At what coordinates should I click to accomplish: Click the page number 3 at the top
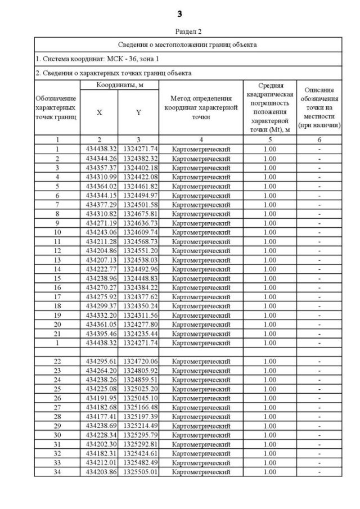pyautogui.click(x=180, y=13)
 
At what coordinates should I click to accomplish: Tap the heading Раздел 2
pyautogui.click(x=180, y=31)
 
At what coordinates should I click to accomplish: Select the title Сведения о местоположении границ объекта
pyautogui.click(x=188, y=44)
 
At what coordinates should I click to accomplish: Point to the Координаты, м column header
pyautogui.click(x=119, y=84)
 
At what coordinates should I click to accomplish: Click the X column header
pyautogui.click(x=99, y=112)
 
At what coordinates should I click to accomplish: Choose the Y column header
pyautogui.click(x=138, y=112)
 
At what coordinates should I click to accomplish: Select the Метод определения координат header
pyautogui.click(x=201, y=107)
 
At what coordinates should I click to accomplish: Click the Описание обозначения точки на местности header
pyautogui.click(x=319, y=107)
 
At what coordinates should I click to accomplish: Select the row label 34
pyautogui.click(x=57, y=471)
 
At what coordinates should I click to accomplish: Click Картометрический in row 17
pyautogui.click(x=201, y=296)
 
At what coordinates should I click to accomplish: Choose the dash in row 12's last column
pyautogui.click(x=319, y=250)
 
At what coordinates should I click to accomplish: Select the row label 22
pyautogui.click(x=57, y=361)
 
